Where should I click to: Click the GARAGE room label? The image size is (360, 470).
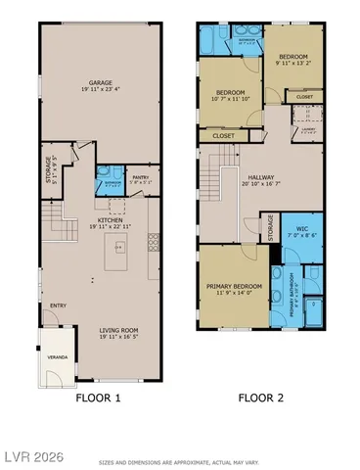point(98,83)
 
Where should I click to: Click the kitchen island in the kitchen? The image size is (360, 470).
point(115,258)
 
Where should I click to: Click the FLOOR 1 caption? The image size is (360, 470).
point(98,399)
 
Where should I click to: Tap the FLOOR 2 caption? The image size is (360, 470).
point(260,399)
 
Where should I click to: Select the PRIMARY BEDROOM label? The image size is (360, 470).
point(233,288)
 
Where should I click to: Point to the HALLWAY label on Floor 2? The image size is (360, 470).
point(260,177)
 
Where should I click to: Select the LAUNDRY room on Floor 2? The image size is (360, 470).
point(308,125)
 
